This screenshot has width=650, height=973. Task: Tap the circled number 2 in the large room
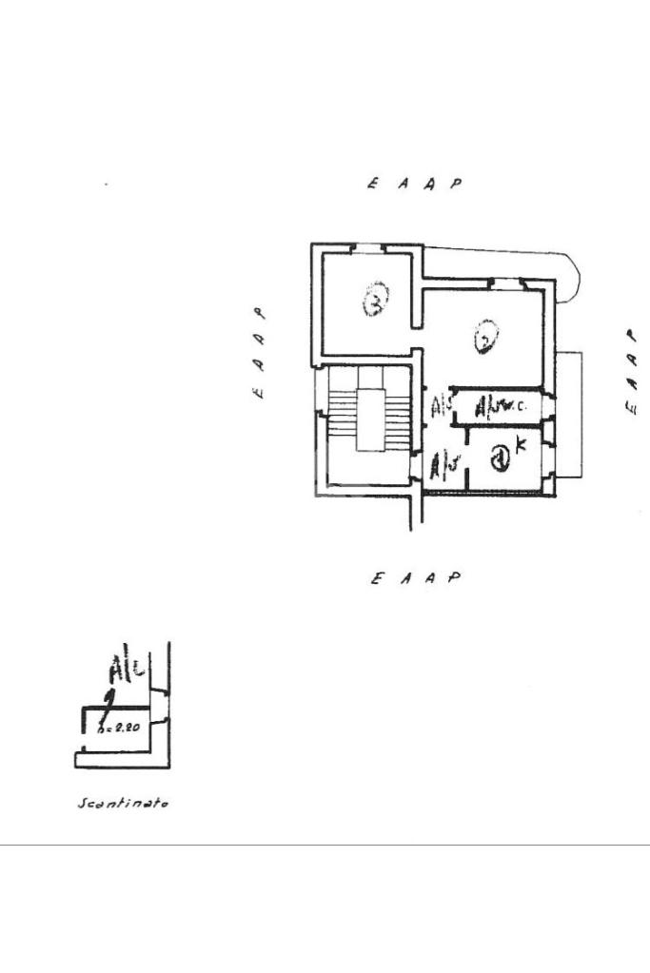click(485, 337)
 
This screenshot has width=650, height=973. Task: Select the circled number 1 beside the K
click(501, 461)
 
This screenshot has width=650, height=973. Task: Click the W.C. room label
click(502, 407)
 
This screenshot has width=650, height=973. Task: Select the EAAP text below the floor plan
click(416, 577)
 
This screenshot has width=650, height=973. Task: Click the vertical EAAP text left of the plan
click(259, 352)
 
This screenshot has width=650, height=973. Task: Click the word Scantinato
click(123, 804)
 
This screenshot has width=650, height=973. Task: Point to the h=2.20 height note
click(121, 729)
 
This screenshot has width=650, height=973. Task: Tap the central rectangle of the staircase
click(372, 418)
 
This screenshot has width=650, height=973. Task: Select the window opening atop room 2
click(504, 282)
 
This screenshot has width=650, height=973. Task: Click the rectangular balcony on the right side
click(568, 414)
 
